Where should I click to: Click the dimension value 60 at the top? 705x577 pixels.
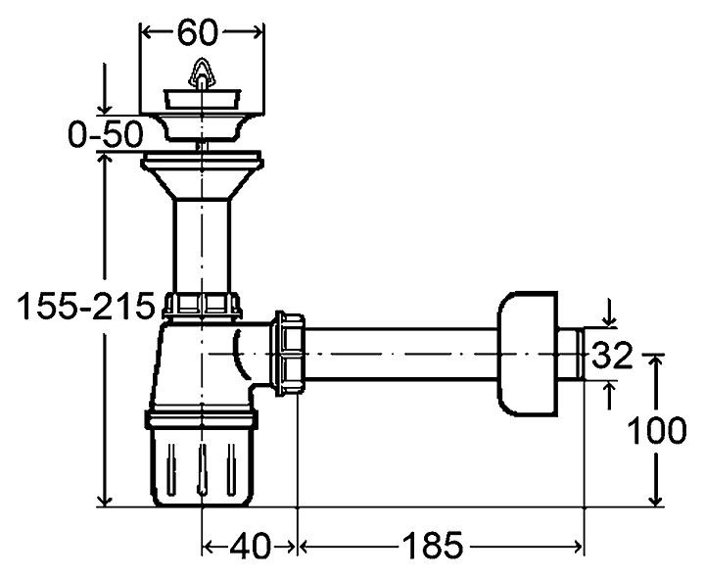[197, 32]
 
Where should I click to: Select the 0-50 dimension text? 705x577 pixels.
[106, 135]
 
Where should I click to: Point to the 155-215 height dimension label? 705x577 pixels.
[85, 307]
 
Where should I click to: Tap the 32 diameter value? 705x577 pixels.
[612, 355]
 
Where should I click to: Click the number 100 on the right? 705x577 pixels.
[656, 431]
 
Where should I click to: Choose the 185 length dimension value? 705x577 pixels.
[432, 547]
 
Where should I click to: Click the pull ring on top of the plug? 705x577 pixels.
[203, 73]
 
